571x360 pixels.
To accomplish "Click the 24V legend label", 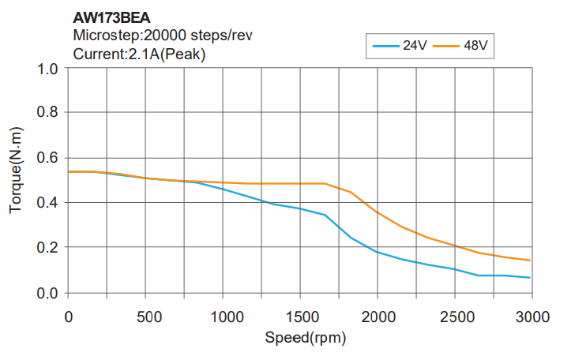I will pyautogui.click(x=415, y=46).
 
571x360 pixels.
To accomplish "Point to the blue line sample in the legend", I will pyautogui.click(x=385, y=46).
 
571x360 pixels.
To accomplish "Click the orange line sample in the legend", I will pyautogui.click(x=446, y=46).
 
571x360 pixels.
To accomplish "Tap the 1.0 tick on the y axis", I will pyautogui.click(x=48, y=69).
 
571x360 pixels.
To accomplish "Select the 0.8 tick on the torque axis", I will pyautogui.click(x=48, y=113).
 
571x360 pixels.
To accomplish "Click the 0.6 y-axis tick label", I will pyautogui.click(x=48, y=158).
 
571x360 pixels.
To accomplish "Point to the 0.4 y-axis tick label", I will pyautogui.click(x=48, y=203).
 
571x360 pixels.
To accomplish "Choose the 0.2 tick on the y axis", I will pyautogui.click(x=48, y=248).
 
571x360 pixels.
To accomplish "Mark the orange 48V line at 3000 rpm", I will pyautogui.click(x=529, y=261).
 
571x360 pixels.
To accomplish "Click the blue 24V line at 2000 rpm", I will pyautogui.click(x=377, y=252).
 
